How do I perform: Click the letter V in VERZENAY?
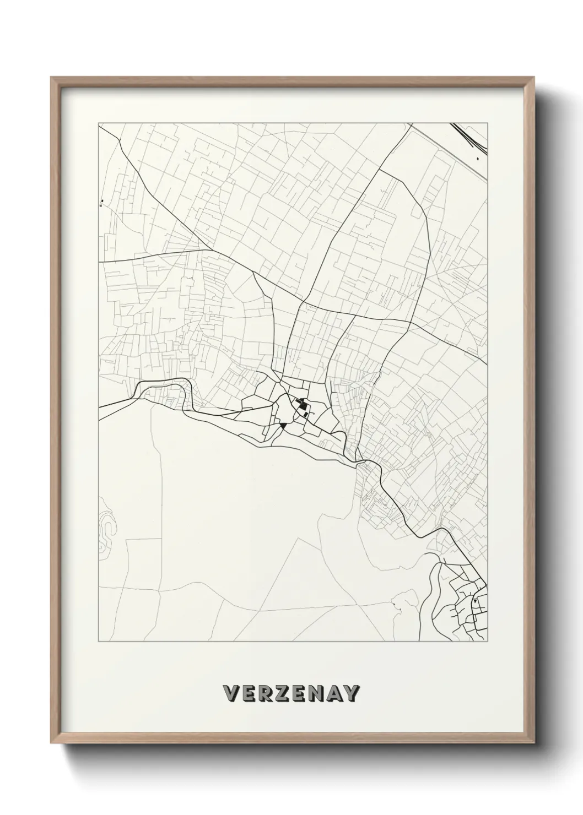(x=231, y=693)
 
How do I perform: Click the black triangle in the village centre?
(x=283, y=426)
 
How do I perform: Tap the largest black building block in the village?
(x=303, y=407)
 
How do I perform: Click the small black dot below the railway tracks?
(x=478, y=159)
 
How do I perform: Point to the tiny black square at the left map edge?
(x=102, y=200)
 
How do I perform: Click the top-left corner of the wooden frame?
(x=51, y=78)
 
